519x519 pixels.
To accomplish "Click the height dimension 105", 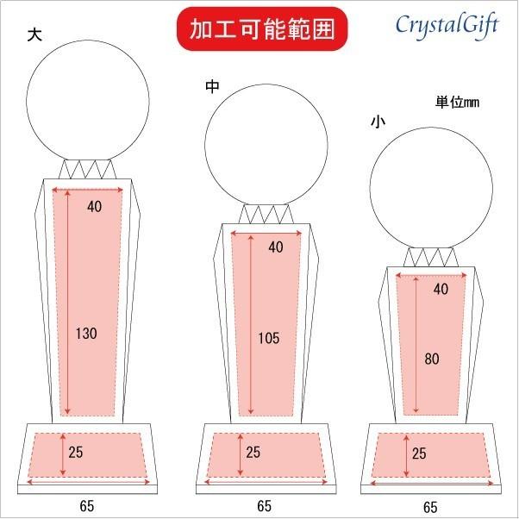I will coord(268,338).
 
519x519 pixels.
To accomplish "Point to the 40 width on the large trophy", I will coord(94,205).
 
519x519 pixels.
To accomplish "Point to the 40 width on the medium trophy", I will coord(275,247).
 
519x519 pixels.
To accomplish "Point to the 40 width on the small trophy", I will coord(441,290).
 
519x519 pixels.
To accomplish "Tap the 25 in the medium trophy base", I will coord(253,451).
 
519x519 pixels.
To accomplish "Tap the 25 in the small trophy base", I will coord(418,453).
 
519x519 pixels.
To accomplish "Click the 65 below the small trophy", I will coord(429,506).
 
